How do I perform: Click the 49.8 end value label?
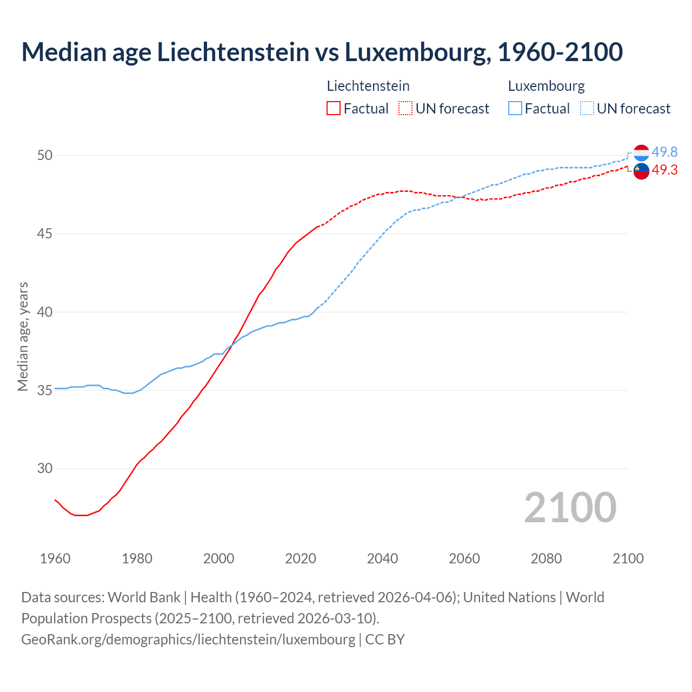(664, 152)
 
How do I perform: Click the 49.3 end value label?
(664, 170)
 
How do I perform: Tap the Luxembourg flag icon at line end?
(641, 153)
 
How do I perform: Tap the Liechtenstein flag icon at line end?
(641, 171)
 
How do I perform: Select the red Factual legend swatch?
(334, 109)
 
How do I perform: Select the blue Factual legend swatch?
(515, 109)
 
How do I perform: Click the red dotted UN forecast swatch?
(405, 109)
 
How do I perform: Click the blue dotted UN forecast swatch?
(587, 109)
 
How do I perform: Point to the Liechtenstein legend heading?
(368, 86)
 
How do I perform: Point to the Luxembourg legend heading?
(546, 86)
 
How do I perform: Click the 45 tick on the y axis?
(45, 234)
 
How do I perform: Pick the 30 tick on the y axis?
(45, 469)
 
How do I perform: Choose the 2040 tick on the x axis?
(382, 558)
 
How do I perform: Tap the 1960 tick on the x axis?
(55, 558)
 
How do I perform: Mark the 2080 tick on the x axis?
(546, 558)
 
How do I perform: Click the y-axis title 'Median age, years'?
(23, 336)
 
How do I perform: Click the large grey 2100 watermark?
(570, 507)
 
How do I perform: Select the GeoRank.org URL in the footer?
(188, 639)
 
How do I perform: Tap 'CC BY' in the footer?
(385, 639)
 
